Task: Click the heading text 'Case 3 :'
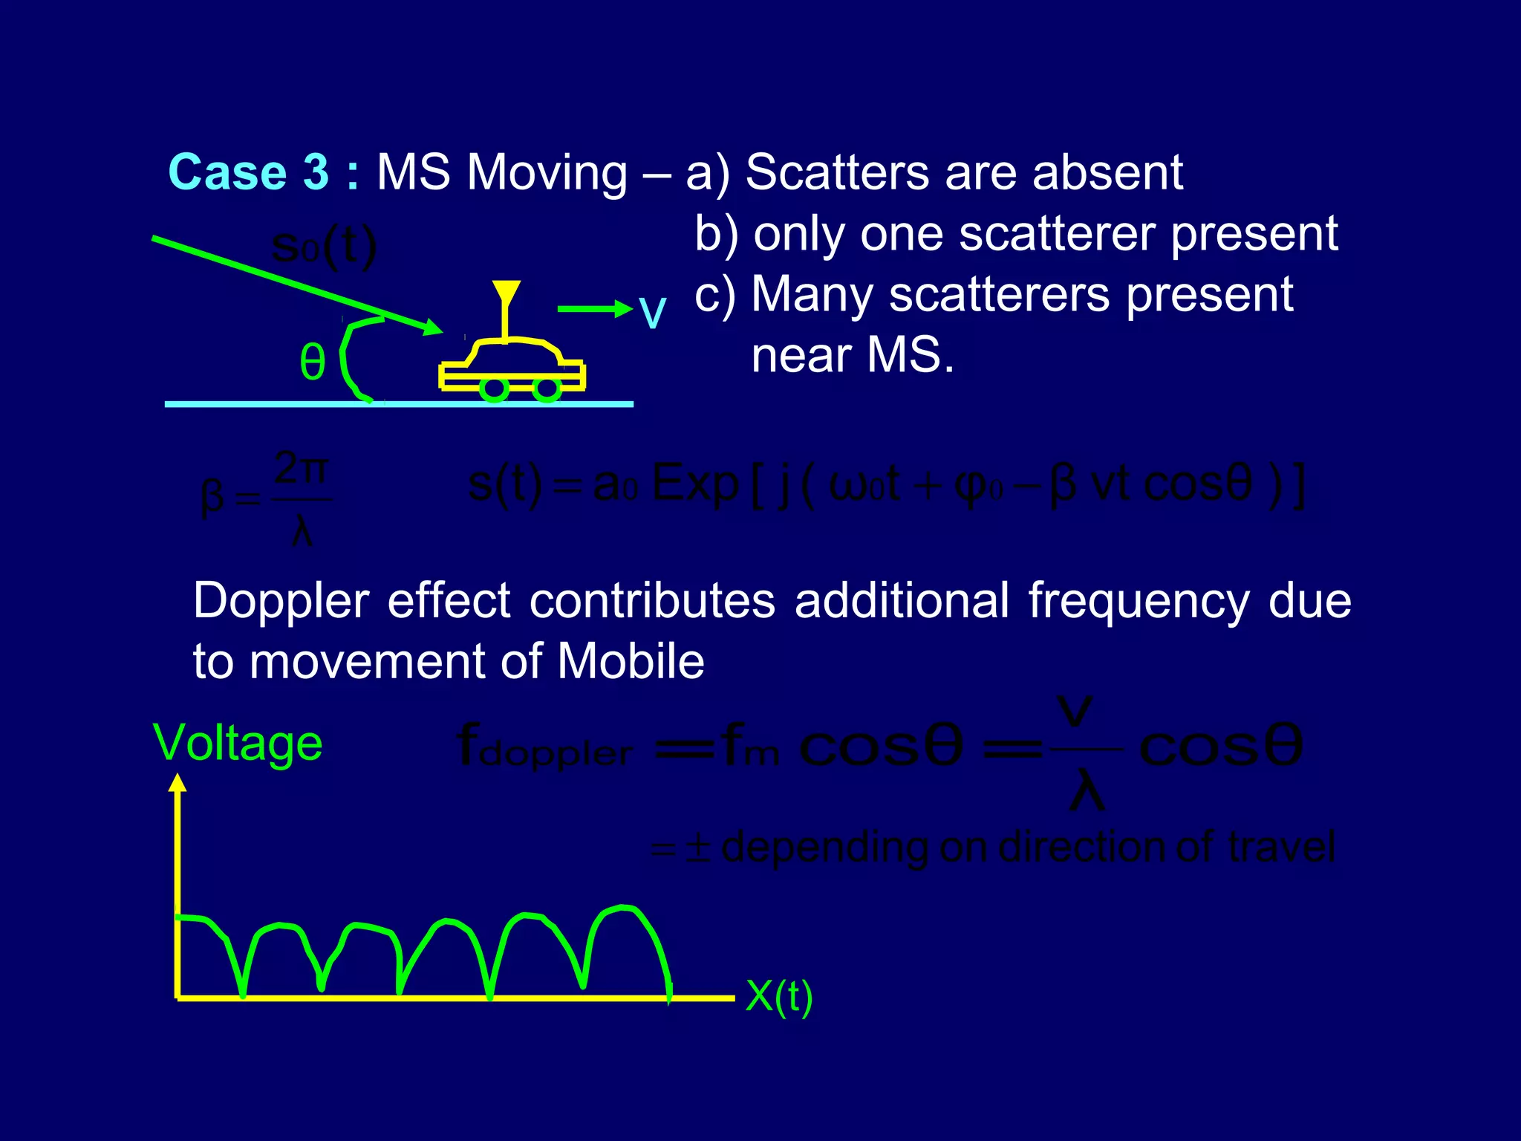point(263,172)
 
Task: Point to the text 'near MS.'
point(852,355)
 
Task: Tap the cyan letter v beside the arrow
point(652,313)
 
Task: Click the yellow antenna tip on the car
point(506,290)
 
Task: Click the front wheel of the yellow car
point(547,389)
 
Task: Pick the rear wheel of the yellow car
point(494,389)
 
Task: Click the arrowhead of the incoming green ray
point(431,327)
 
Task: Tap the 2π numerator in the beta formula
point(301,469)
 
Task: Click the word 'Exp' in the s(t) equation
point(694,484)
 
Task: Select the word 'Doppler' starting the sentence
point(281,600)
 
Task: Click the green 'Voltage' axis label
point(238,743)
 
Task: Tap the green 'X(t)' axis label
point(778,996)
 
